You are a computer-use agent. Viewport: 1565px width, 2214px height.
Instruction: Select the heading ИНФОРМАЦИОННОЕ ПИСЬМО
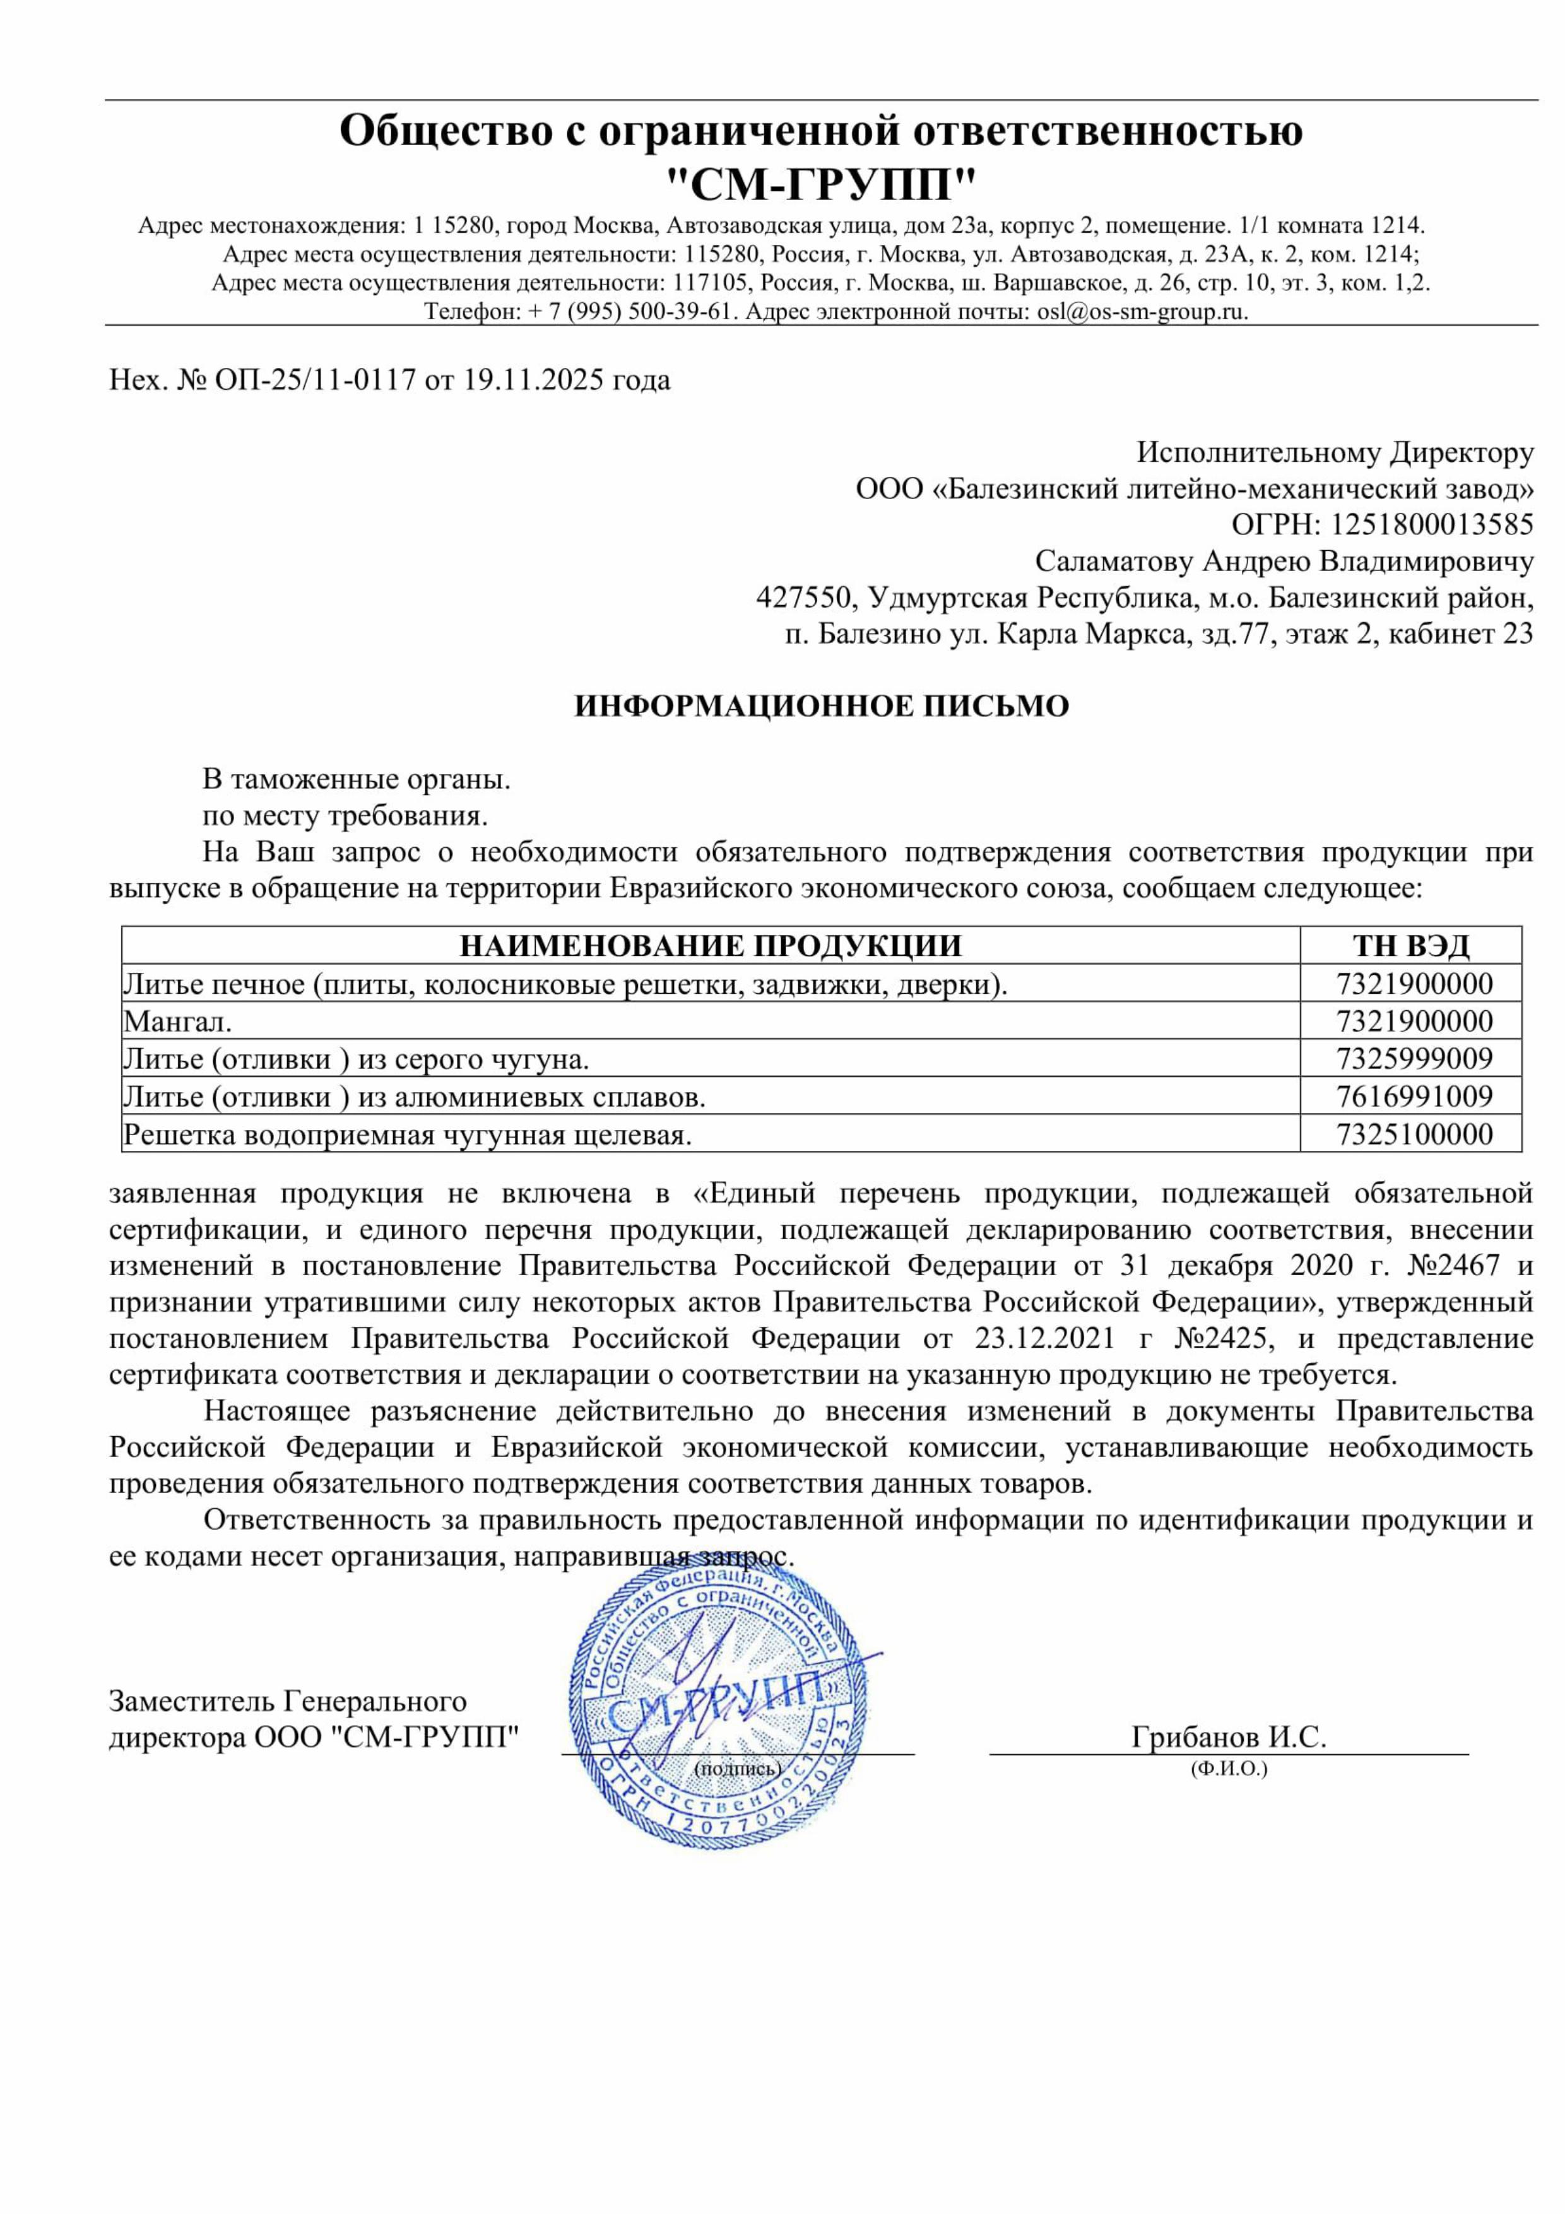click(x=822, y=706)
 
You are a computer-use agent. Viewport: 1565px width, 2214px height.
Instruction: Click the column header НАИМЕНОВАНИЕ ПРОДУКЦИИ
click(x=711, y=945)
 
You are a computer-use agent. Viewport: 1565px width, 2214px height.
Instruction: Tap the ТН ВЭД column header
click(x=1411, y=945)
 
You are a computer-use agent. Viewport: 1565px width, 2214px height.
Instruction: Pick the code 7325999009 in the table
click(x=1414, y=1059)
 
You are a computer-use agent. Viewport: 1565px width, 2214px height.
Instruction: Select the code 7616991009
click(x=1414, y=1097)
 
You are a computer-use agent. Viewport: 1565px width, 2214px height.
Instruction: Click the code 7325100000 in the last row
click(x=1414, y=1134)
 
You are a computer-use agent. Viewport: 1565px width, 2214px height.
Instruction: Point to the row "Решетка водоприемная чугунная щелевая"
click(x=407, y=1134)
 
